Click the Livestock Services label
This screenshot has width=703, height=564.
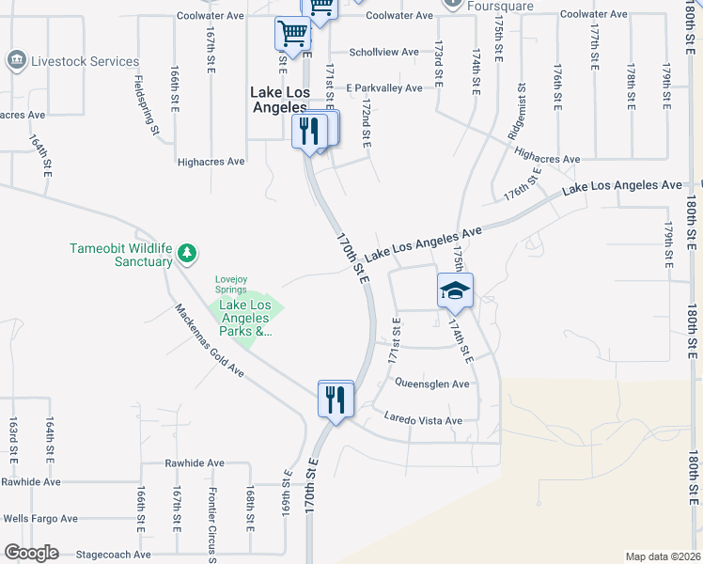[x=86, y=62]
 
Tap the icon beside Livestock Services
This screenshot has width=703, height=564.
[x=16, y=62]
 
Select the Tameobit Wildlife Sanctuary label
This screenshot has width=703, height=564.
[x=121, y=255]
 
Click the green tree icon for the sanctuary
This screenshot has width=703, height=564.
[x=188, y=252]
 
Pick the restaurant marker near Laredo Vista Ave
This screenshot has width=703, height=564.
[x=336, y=399]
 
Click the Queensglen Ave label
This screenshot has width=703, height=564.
[x=431, y=384]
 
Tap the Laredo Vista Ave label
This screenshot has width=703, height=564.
[x=423, y=420]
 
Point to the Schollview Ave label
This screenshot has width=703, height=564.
[x=383, y=53]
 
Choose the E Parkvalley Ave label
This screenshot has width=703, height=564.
[x=383, y=88]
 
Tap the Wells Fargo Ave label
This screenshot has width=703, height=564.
[x=40, y=518]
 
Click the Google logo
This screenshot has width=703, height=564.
[x=31, y=553]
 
